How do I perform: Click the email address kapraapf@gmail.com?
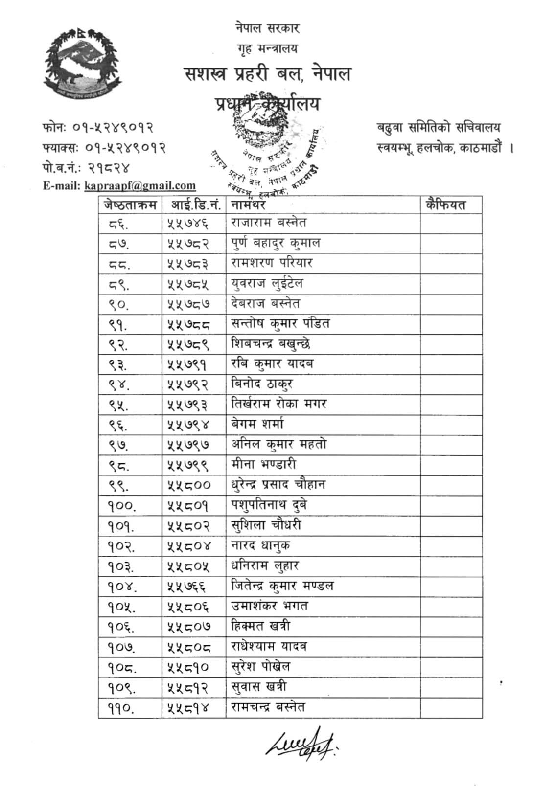tap(140, 185)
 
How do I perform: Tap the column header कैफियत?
tap(445, 204)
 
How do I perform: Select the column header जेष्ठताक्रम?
tap(130, 204)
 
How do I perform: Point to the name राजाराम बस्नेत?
tap(269, 223)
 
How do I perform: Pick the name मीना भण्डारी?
tap(264, 464)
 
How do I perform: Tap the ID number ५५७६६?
tap(186, 586)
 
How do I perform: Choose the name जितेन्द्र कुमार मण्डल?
tap(282, 586)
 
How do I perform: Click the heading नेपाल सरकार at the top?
tap(267, 28)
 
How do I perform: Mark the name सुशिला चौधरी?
tap(266, 525)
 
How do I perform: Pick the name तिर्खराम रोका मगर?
tap(278, 404)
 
